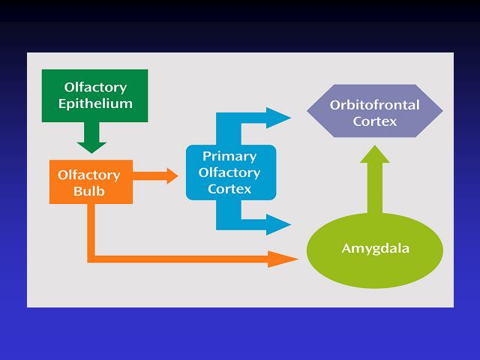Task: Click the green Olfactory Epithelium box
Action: pyautogui.click(x=95, y=96)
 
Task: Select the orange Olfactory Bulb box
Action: pyautogui.click(x=91, y=181)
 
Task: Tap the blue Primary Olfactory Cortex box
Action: pyautogui.click(x=231, y=172)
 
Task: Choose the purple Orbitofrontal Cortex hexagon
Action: pyautogui.click(x=375, y=111)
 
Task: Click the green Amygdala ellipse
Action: pyautogui.click(x=375, y=250)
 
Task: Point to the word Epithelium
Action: pyautogui.click(x=95, y=104)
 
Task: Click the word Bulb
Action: pyautogui.click(x=89, y=191)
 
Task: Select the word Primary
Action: pyautogui.click(x=229, y=157)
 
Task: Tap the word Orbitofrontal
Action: pyautogui.click(x=375, y=105)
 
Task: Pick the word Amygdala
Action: pyautogui.click(x=376, y=248)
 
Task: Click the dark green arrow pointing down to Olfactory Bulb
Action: pyautogui.click(x=91, y=138)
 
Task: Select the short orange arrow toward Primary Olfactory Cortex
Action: pyautogui.click(x=155, y=176)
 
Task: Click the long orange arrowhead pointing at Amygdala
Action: pyautogui.click(x=283, y=259)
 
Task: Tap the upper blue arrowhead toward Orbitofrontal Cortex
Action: pyautogui.click(x=278, y=118)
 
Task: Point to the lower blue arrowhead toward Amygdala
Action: pyautogui.click(x=278, y=224)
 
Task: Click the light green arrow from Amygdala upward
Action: pyautogui.click(x=375, y=179)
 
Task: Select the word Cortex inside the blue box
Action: pyautogui.click(x=229, y=189)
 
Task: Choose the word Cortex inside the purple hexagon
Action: pyautogui.click(x=375, y=121)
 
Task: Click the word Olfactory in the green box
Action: pyautogui.click(x=95, y=88)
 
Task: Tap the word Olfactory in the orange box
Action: pyautogui.click(x=89, y=175)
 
